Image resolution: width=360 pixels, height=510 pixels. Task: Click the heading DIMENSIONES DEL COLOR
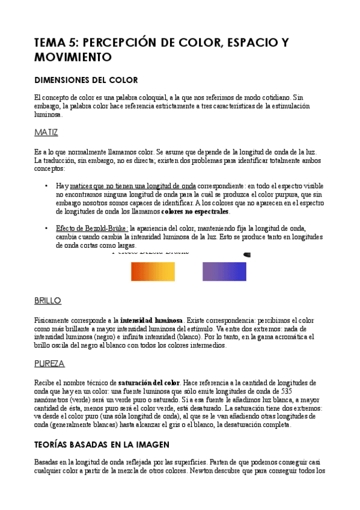[x=86, y=80]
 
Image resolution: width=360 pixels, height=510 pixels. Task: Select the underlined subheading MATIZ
[x=46, y=132]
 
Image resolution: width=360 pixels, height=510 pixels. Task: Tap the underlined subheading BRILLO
[x=47, y=300]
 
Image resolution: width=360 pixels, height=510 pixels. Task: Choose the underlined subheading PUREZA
[x=49, y=363]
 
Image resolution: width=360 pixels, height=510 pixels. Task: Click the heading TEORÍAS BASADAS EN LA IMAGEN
[x=102, y=444]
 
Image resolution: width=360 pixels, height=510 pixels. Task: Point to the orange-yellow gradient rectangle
[x=153, y=271]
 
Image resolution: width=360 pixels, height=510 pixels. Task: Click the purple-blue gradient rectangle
[x=224, y=271]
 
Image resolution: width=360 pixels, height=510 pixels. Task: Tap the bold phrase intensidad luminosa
[x=151, y=321]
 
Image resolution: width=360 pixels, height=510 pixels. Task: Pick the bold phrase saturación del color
[x=148, y=382]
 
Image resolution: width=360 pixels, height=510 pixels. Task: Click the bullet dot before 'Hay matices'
[x=47, y=186]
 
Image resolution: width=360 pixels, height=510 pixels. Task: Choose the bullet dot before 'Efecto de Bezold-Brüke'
[x=47, y=229]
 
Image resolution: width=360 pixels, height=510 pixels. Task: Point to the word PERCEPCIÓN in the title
[x=128, y=42]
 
